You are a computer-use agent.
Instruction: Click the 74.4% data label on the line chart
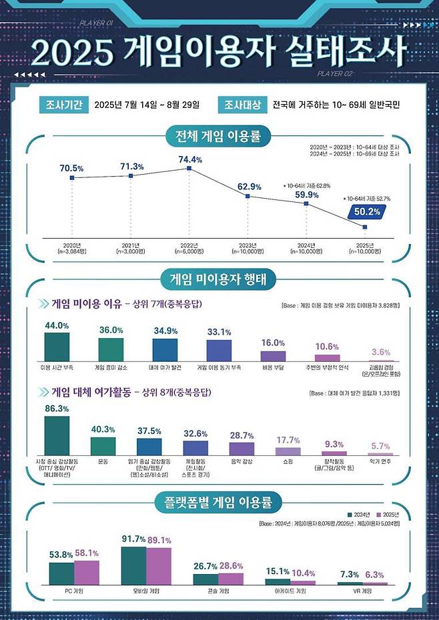(x=189, y=160)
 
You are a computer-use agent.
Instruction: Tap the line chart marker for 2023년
(x=248, y=196)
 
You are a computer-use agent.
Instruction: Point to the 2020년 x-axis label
(x=71, y=245)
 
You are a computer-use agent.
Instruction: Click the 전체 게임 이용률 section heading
(x=220, y=137)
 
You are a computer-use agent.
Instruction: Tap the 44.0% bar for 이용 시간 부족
(x=57, y=347)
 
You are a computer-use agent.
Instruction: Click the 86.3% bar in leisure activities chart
(x=57, y=435)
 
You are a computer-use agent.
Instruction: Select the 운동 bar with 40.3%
(x=103, y=445)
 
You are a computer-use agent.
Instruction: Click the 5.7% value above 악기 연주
(x=380, y=446)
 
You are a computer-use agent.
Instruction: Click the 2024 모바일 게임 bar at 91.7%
(x=133, y=565)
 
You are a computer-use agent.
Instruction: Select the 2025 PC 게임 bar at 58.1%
(x=87, y=571)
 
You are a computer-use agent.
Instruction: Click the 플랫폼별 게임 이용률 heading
(x=220, y=500)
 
